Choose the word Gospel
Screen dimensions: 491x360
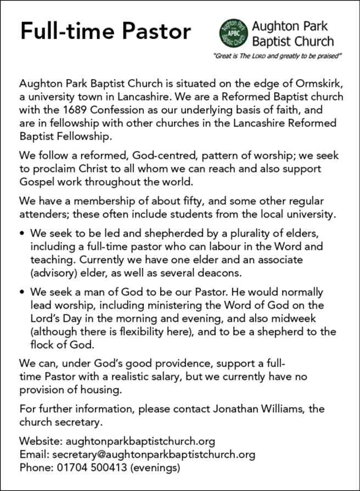pos(38,181)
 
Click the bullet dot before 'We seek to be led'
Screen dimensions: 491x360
pos(22,233)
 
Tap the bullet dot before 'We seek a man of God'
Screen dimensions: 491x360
pos(22,293)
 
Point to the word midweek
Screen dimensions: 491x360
pos(299,319)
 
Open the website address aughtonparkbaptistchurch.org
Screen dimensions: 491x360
pos(140,441)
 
